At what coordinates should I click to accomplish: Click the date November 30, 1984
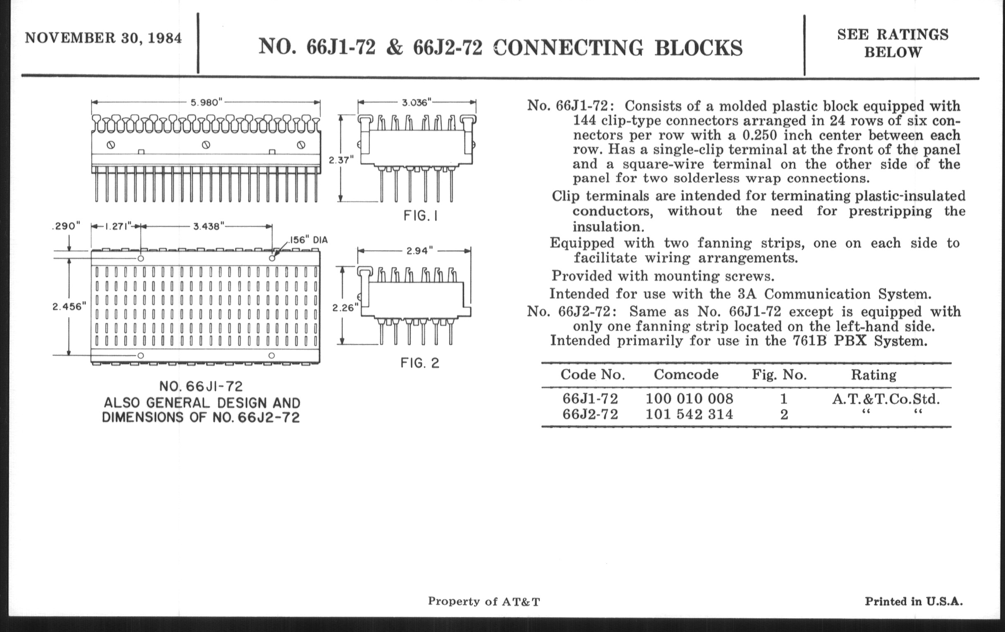point(103,38)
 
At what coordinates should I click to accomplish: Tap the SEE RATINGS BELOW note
point(893,43)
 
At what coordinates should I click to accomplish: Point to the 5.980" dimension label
point(206,102)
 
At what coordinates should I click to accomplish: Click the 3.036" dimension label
point(416,102)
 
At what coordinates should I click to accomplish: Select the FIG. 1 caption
point(420,216)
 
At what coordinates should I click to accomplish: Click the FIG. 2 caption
point(420,363)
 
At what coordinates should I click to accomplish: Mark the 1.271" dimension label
point(118,226)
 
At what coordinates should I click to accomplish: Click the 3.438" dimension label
point(208,226)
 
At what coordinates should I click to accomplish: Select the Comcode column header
point(686,375)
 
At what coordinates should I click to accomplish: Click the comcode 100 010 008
point(689,399)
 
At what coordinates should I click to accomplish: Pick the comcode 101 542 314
point(689,414)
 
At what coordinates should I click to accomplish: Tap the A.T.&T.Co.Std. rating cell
point(886,399)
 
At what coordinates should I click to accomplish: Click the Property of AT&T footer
point(484,601)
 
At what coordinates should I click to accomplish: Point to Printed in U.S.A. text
point(914,601)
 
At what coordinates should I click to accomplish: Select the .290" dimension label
point(66,226)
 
